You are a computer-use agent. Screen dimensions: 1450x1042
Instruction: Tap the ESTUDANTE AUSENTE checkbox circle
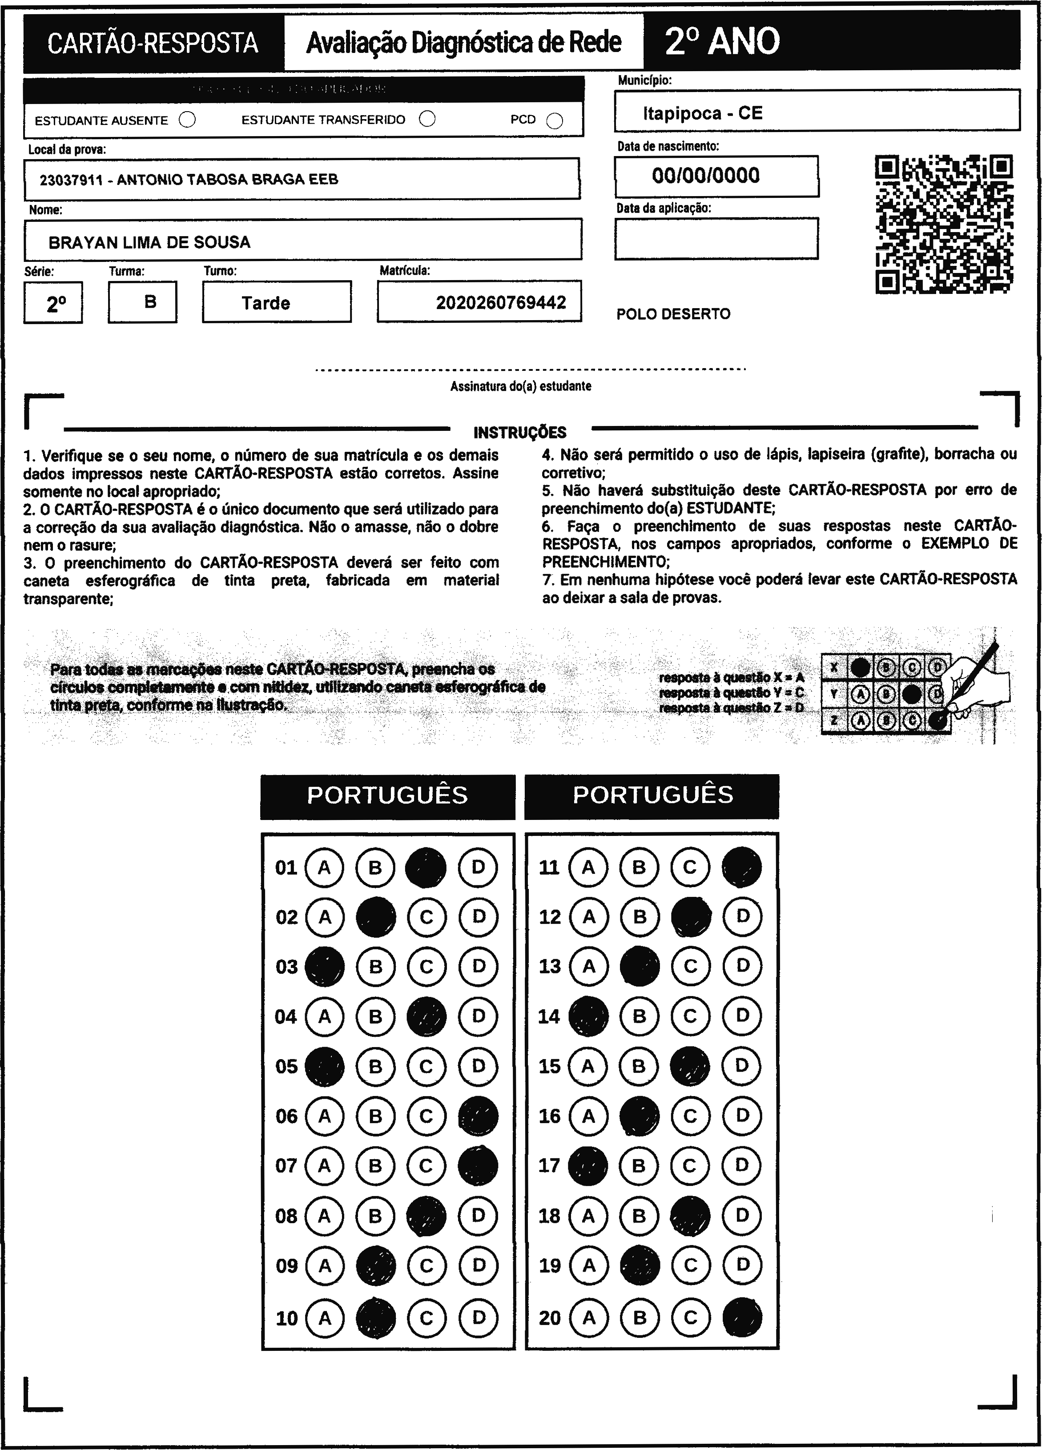point(187,120)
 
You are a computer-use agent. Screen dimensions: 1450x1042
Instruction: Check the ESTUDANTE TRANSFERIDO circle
point(427,119)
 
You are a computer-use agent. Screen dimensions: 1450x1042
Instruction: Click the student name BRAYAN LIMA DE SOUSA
point(149,242)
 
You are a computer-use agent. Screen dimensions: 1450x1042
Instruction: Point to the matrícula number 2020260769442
point(501,302)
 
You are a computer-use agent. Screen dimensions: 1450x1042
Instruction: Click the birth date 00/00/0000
point(706,176)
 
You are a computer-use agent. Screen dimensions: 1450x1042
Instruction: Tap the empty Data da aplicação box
point(716,238)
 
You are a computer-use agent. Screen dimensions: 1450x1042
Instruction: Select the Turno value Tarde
point(266,303)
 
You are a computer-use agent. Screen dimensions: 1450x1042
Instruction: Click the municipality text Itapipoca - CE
point(703,113)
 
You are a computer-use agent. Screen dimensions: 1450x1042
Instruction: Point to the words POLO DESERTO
point(673,314)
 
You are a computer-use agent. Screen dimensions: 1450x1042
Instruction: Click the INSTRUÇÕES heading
point(520,433)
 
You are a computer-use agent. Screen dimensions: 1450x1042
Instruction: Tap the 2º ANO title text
point(722,41)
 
